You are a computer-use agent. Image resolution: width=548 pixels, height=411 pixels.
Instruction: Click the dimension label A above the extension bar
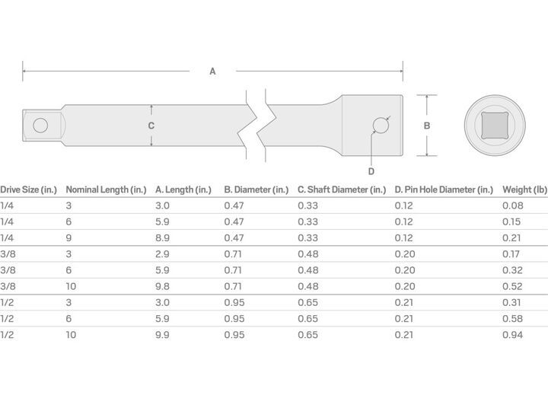click(x=212, y=72)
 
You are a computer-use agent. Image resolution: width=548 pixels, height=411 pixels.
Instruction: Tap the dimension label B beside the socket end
click(x=427, y=126)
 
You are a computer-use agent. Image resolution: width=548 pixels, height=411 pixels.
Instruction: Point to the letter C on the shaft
click(x=151, y=126)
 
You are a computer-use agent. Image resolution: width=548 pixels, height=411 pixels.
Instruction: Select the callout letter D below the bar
click(x=371, y=171)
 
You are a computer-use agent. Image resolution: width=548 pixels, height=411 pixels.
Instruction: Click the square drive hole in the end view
click(x=495, y=126)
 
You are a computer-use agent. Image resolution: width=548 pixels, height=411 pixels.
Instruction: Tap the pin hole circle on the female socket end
click(x=381, y=125)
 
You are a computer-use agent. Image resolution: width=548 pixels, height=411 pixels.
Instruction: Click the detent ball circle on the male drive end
click(x=40, y=125)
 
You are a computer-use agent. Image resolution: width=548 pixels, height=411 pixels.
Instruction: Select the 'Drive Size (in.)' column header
click(x=28, y=190)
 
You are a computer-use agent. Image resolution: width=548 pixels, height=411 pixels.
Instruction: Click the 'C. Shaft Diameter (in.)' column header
click(x=342, y=190)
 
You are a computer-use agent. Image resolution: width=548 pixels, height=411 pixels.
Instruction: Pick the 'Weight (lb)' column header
click(x=524, y=190)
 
